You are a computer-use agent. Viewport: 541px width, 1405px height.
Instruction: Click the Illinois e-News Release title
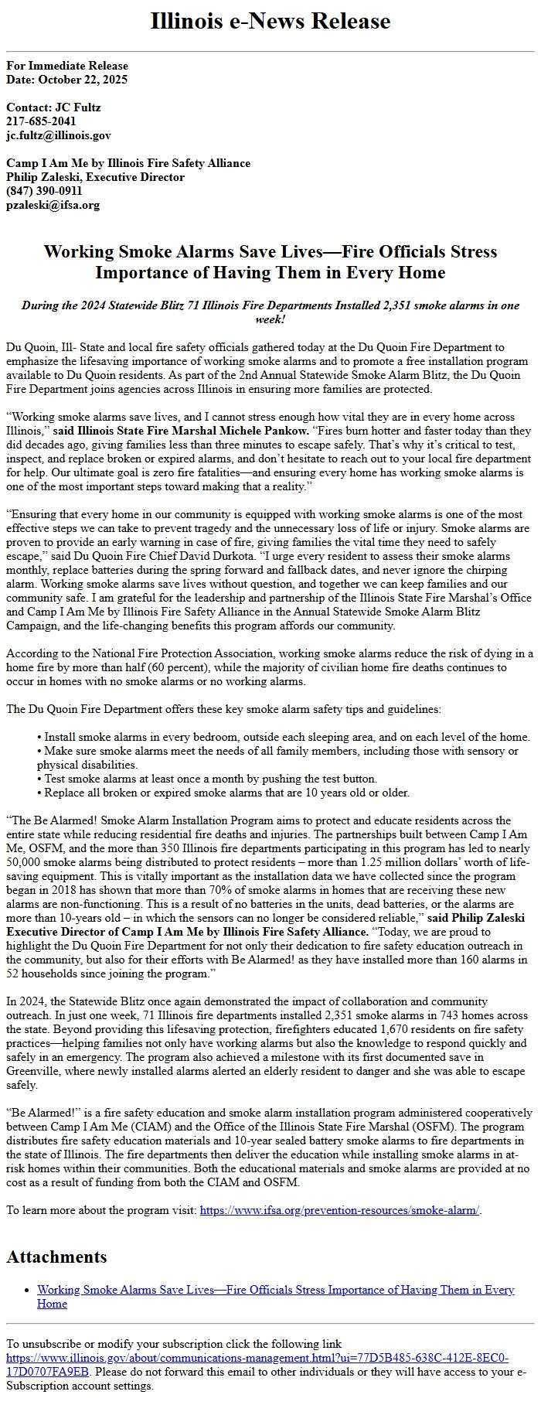270,21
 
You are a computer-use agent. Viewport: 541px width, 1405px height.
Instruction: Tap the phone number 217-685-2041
41,121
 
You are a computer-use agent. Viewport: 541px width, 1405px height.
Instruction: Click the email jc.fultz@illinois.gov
58,135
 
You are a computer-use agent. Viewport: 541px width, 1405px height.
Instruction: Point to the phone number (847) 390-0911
44,191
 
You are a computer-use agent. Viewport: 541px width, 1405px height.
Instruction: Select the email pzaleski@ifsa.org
53,205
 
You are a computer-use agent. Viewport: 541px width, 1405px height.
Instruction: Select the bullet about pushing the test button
210,779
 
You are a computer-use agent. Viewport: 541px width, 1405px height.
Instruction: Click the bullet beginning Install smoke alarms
286,737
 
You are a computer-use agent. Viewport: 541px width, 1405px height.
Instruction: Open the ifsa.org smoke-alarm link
339,1210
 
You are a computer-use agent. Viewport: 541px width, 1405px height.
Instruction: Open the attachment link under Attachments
275,1290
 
